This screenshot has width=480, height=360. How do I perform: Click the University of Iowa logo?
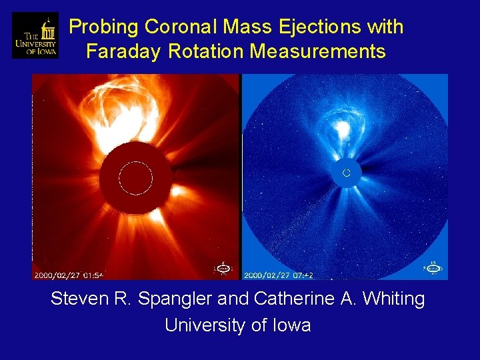[35, 35]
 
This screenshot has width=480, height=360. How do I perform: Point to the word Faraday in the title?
[125, 51]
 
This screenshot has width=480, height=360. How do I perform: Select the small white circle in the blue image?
[346, 173]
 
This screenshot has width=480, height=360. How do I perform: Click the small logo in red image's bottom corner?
[223, 268]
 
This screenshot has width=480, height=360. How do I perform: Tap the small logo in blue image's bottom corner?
[433, 268]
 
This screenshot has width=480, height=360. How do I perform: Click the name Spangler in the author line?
[175, 299]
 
